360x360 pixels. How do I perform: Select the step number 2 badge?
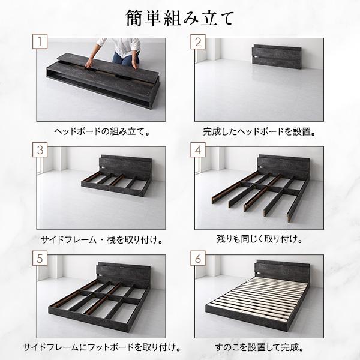click(199, 43)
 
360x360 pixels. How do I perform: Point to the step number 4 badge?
click(199, 151)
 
